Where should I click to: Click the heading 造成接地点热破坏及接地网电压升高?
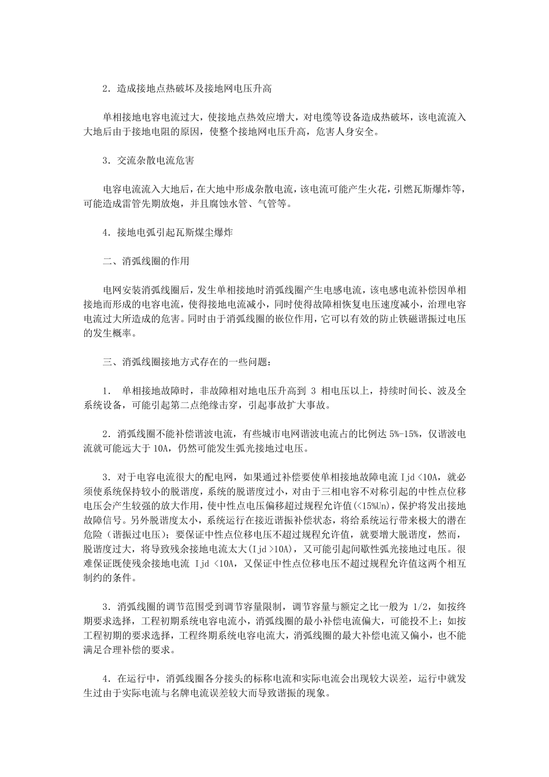(x=194, y=89)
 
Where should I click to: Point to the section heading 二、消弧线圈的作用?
(x=146, y=261)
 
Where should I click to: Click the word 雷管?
(x=143, y=203)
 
